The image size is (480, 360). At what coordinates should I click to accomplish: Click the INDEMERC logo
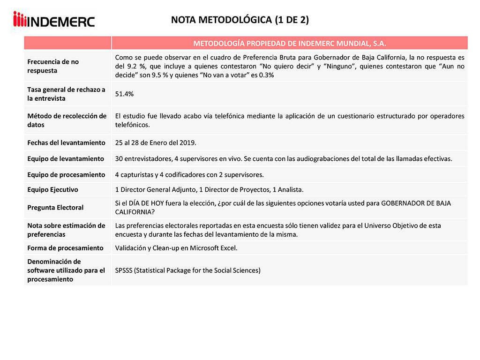click(x=54, y=20)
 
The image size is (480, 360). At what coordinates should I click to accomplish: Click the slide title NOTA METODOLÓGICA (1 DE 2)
click(x=240, y=20)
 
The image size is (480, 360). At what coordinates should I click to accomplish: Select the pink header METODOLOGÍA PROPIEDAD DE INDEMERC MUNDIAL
click(x=289, y=43)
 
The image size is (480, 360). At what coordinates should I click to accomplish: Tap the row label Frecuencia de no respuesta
click(x=53, y=66)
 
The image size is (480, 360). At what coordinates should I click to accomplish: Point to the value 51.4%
click(x=124, y=94)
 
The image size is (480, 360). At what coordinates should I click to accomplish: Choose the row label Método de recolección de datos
click(x=67, y=120)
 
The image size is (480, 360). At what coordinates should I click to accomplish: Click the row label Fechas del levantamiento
click(x=66, y=142)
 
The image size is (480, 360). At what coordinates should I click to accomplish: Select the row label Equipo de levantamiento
click(x=66, y=158)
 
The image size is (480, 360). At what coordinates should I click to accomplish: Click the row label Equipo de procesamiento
click(x=66, y=174)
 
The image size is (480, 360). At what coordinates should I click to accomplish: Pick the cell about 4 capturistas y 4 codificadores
click(x=189, y=175)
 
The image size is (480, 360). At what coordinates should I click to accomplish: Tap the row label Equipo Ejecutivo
click(x=52, y=190)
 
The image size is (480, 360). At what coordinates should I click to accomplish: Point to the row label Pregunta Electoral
click(x=55, y=207)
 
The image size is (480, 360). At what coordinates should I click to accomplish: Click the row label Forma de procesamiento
click(x=65, y=247)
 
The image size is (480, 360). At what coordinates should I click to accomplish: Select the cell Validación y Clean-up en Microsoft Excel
click(x=176, y=248)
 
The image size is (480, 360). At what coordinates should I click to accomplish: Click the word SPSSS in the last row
click(x=124, y=270)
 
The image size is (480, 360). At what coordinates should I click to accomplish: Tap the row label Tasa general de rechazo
click(x=66, y=94)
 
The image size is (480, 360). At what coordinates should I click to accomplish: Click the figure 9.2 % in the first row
click(x=135, y=67)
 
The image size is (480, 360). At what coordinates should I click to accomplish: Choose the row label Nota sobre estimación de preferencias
click(x=66, y=230)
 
